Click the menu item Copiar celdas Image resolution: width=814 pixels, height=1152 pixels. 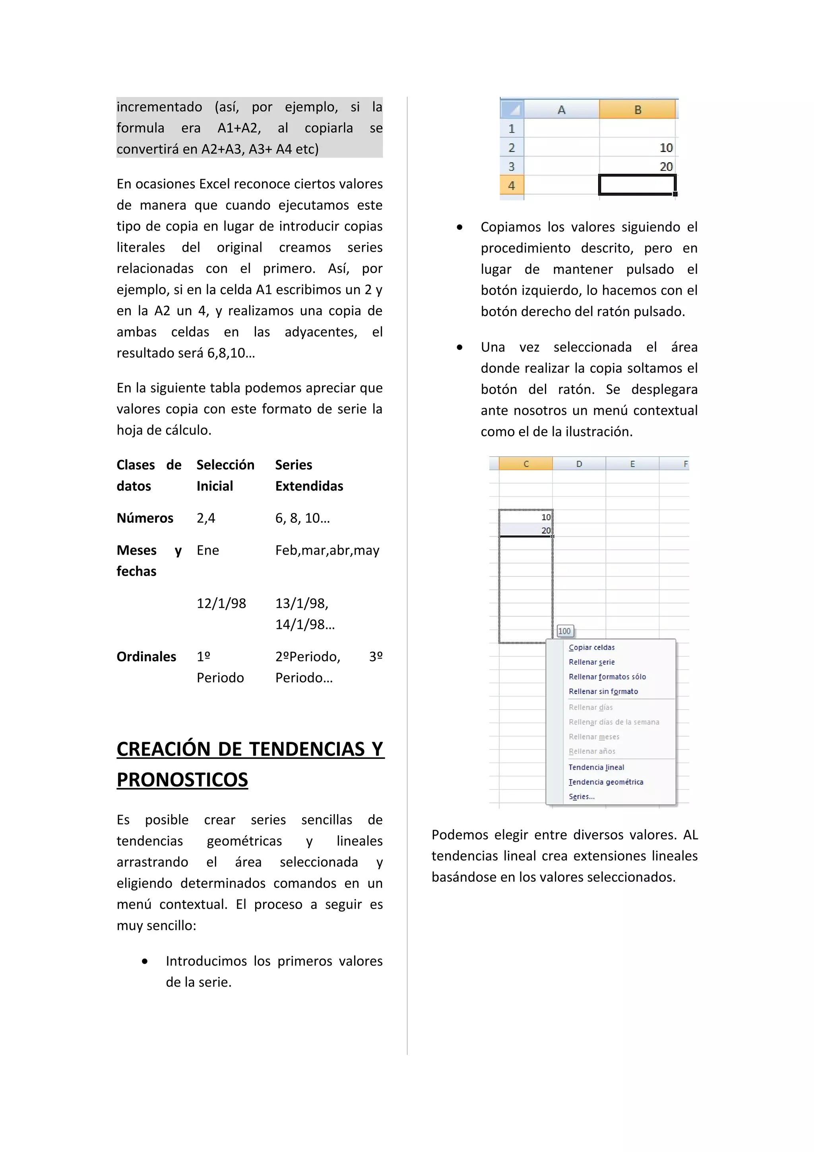click(x=591, y=647)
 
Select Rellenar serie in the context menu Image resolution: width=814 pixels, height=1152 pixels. click(x=591, y=662)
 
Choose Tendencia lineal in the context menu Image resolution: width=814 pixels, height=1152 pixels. click(x=596, y=767)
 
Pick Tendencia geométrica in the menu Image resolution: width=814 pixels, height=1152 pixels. click(x=605, y=782)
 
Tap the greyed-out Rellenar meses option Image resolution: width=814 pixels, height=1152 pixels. click(x=594, y=737)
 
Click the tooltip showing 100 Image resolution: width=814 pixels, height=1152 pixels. click(x=564, y=631)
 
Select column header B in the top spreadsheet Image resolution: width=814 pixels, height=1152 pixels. click(x=637, y=109)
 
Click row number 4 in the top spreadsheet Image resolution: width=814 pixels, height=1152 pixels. click(x=511, y=185)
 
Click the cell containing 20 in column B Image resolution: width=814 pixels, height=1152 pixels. click(x=637, y=166)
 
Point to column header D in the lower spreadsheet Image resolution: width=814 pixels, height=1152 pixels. click(x=579, y=464)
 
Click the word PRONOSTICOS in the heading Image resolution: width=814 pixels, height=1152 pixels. click(x=182, y=779)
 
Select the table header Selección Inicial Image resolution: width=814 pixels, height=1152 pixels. click(x=225, y=475)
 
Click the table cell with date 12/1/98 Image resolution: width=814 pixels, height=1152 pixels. click(x=221, y=603)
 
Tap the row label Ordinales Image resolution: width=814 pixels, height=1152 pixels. click(x=146, y=656)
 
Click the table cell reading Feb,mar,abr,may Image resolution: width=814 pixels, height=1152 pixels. click(x=327, y=551)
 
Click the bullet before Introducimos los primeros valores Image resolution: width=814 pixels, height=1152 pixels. click(x=144, y=961)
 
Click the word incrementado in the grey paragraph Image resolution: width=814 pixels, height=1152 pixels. click(x=159, y=107)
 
